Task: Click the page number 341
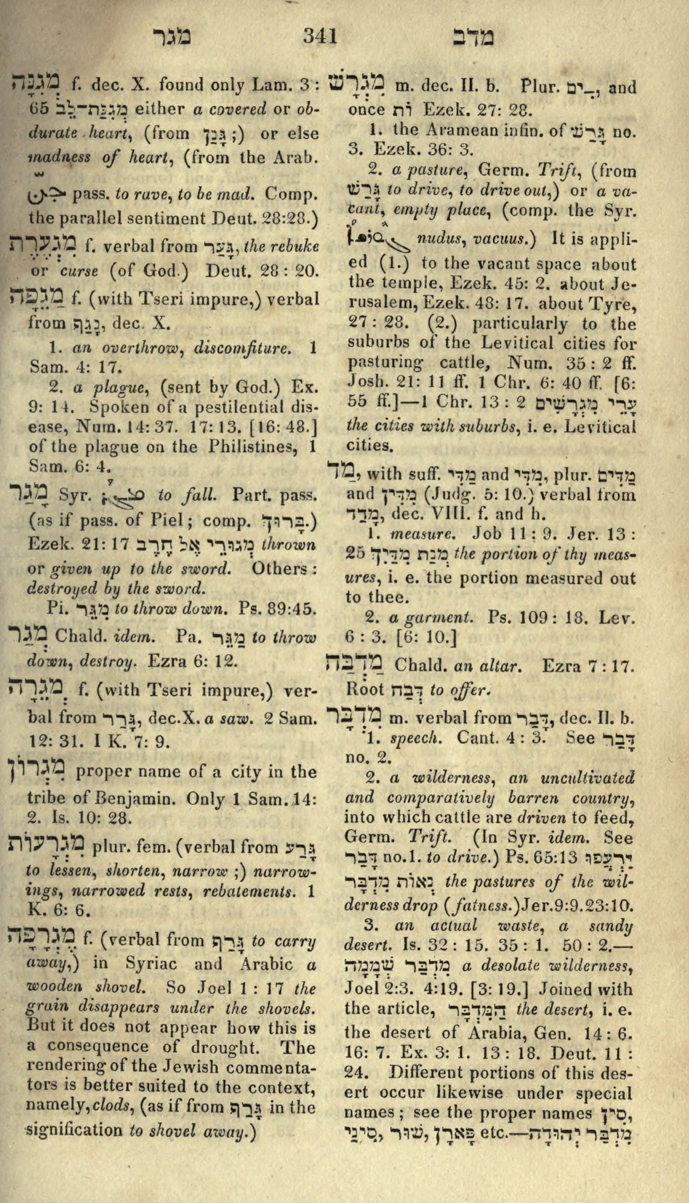coord(320,36)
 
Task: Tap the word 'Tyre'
coord(617,304)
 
